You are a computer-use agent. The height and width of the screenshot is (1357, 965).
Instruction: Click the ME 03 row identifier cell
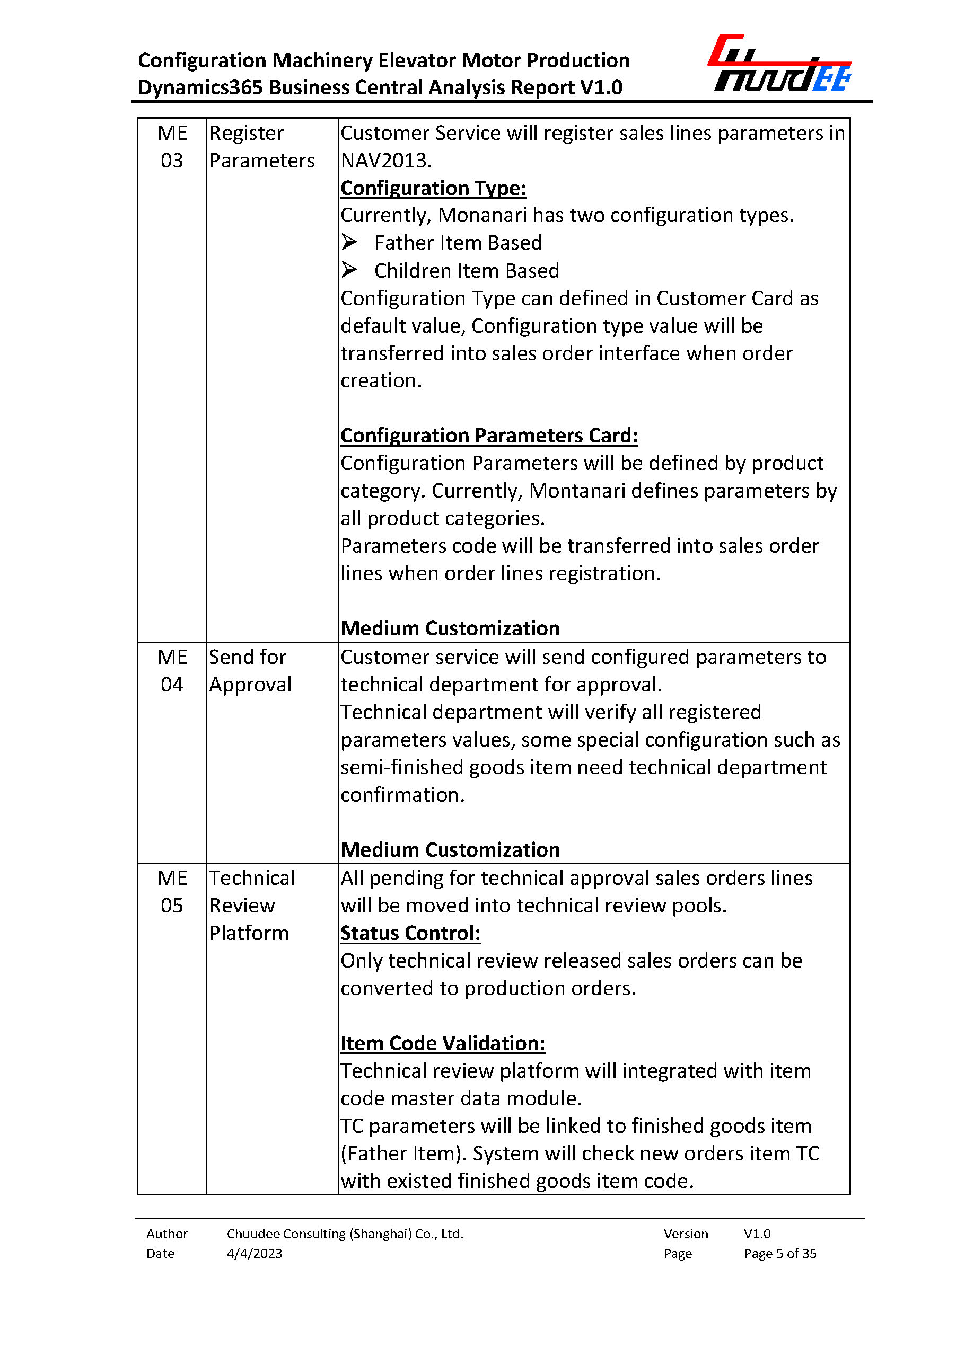[172, 147]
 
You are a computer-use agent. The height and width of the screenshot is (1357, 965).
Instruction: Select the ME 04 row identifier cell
[172, 670]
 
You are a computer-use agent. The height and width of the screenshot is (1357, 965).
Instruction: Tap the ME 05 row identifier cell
[172, 891]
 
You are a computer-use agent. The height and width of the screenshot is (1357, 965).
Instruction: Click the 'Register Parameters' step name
[261, 147]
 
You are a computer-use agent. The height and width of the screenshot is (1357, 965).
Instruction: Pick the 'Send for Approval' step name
[250, 670]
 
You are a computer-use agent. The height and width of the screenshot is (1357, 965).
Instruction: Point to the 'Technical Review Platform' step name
[252, 905]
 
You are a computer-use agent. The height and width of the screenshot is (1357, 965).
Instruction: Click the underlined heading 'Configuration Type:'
[433, 188]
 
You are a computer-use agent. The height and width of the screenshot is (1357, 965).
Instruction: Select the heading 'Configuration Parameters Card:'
[489, 436]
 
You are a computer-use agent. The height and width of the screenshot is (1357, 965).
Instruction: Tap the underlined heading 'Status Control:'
[410, 933]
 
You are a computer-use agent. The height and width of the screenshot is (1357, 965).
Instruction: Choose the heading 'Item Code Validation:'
[443, 1043]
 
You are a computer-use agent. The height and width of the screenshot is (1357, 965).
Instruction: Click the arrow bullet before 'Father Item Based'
[349, 242]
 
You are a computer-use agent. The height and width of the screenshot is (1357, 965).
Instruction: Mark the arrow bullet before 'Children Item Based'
[349, 270]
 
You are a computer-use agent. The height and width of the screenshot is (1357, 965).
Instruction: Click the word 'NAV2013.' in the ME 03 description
[386, 161]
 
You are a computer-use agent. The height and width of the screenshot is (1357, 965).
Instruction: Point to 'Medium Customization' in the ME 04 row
[450, 849]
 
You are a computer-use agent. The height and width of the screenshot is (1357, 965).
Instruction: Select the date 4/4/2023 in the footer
[255, 1253]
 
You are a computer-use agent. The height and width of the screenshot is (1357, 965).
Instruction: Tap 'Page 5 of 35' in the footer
[779, 1253]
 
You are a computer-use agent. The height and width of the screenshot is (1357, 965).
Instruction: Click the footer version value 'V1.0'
[757, 1234]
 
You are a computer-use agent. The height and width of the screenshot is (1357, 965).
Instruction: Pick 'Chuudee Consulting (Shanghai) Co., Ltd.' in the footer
[345, 1234]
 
